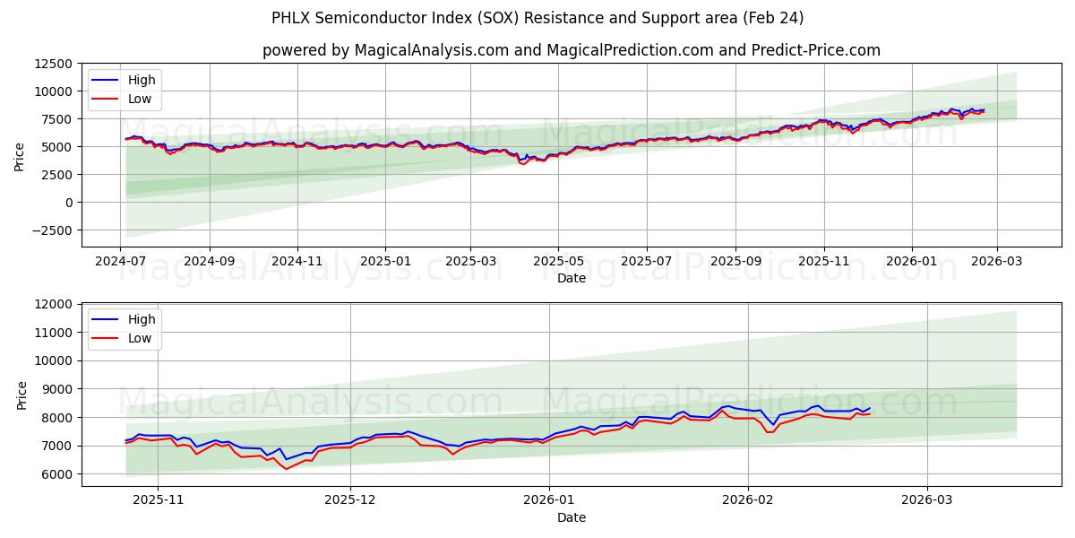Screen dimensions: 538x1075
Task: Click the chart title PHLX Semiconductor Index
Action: point(537,18)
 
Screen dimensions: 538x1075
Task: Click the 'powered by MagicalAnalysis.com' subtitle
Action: point(571,50)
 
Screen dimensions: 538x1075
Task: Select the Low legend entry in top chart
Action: point(140,99)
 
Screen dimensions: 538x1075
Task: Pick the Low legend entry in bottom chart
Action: point(140,338)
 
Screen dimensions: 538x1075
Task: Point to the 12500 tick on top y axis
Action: point(55,64)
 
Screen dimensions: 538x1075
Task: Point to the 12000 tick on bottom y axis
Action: point(58,305)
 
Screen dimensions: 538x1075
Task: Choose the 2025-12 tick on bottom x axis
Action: point(350,499)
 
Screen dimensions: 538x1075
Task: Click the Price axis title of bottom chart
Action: point(22,395)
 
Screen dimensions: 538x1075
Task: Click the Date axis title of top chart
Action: point(571,278)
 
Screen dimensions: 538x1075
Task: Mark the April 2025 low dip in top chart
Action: point(522,163)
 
